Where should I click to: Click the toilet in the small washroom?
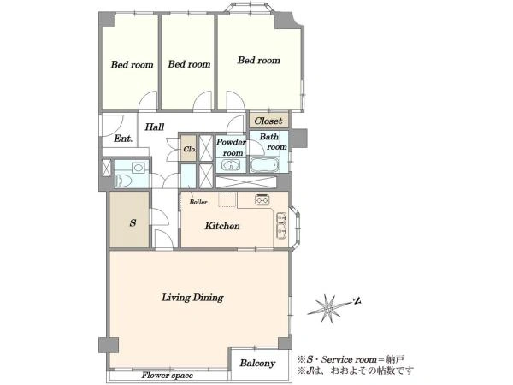tap(123, 180)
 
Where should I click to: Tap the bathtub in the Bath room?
tap(264, 165)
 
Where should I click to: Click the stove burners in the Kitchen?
tap(262, 199)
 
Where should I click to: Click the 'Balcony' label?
tap(257, 363)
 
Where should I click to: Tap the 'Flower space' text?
tap(168, 376)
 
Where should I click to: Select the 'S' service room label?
tap(133, 223)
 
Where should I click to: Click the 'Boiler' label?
tap(198, 202)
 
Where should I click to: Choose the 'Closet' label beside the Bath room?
tap(268, 121)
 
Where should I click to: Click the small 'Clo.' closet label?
tap(190, 149)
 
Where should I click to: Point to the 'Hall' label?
tap(155, 127)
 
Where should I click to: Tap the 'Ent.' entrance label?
tap(123, 139)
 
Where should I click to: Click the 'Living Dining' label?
tap(192, 298)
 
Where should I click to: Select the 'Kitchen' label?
tap(222, 226)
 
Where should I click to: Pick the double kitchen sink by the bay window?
tap(281, 226)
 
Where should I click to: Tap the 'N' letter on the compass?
tap(357, 300)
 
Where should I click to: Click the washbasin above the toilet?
tap(139, 168)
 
